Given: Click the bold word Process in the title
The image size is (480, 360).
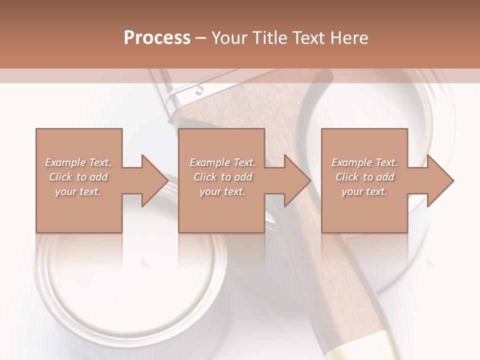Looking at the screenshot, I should coord(157,38).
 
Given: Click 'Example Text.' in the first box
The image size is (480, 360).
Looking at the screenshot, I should coord(78,162).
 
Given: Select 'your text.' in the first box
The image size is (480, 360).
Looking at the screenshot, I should coord(78,191).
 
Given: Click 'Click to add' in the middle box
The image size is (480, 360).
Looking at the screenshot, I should coord(222,177).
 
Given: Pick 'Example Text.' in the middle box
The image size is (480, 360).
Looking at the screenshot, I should coord(222,162).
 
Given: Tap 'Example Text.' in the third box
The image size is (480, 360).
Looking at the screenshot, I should coord(364,162).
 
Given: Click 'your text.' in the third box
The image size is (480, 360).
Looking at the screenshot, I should coord(364,191).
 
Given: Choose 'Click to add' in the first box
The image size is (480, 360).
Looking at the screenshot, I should coord(78,177).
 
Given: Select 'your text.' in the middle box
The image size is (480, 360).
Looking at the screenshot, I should coord(222,191).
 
